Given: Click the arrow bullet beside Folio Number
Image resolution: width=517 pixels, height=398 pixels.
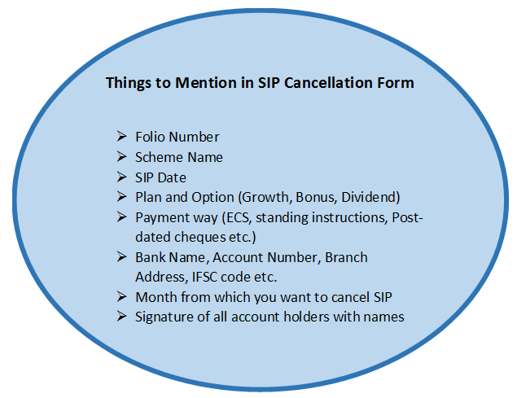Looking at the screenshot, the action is point(121,136).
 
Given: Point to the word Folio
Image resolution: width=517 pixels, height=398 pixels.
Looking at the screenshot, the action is point(150,137).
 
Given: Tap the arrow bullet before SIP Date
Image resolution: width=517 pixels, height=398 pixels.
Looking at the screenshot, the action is point(121,177).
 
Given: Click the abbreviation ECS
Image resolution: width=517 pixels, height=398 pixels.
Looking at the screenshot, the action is point(236,217).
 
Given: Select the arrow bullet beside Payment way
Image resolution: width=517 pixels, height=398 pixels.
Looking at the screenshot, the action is point(121,217).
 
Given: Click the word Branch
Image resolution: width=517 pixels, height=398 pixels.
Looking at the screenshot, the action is point(346,257).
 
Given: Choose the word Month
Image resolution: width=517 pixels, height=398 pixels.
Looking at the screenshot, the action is point(156,297).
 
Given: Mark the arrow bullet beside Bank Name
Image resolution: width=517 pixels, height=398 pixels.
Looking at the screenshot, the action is point(121,257).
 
